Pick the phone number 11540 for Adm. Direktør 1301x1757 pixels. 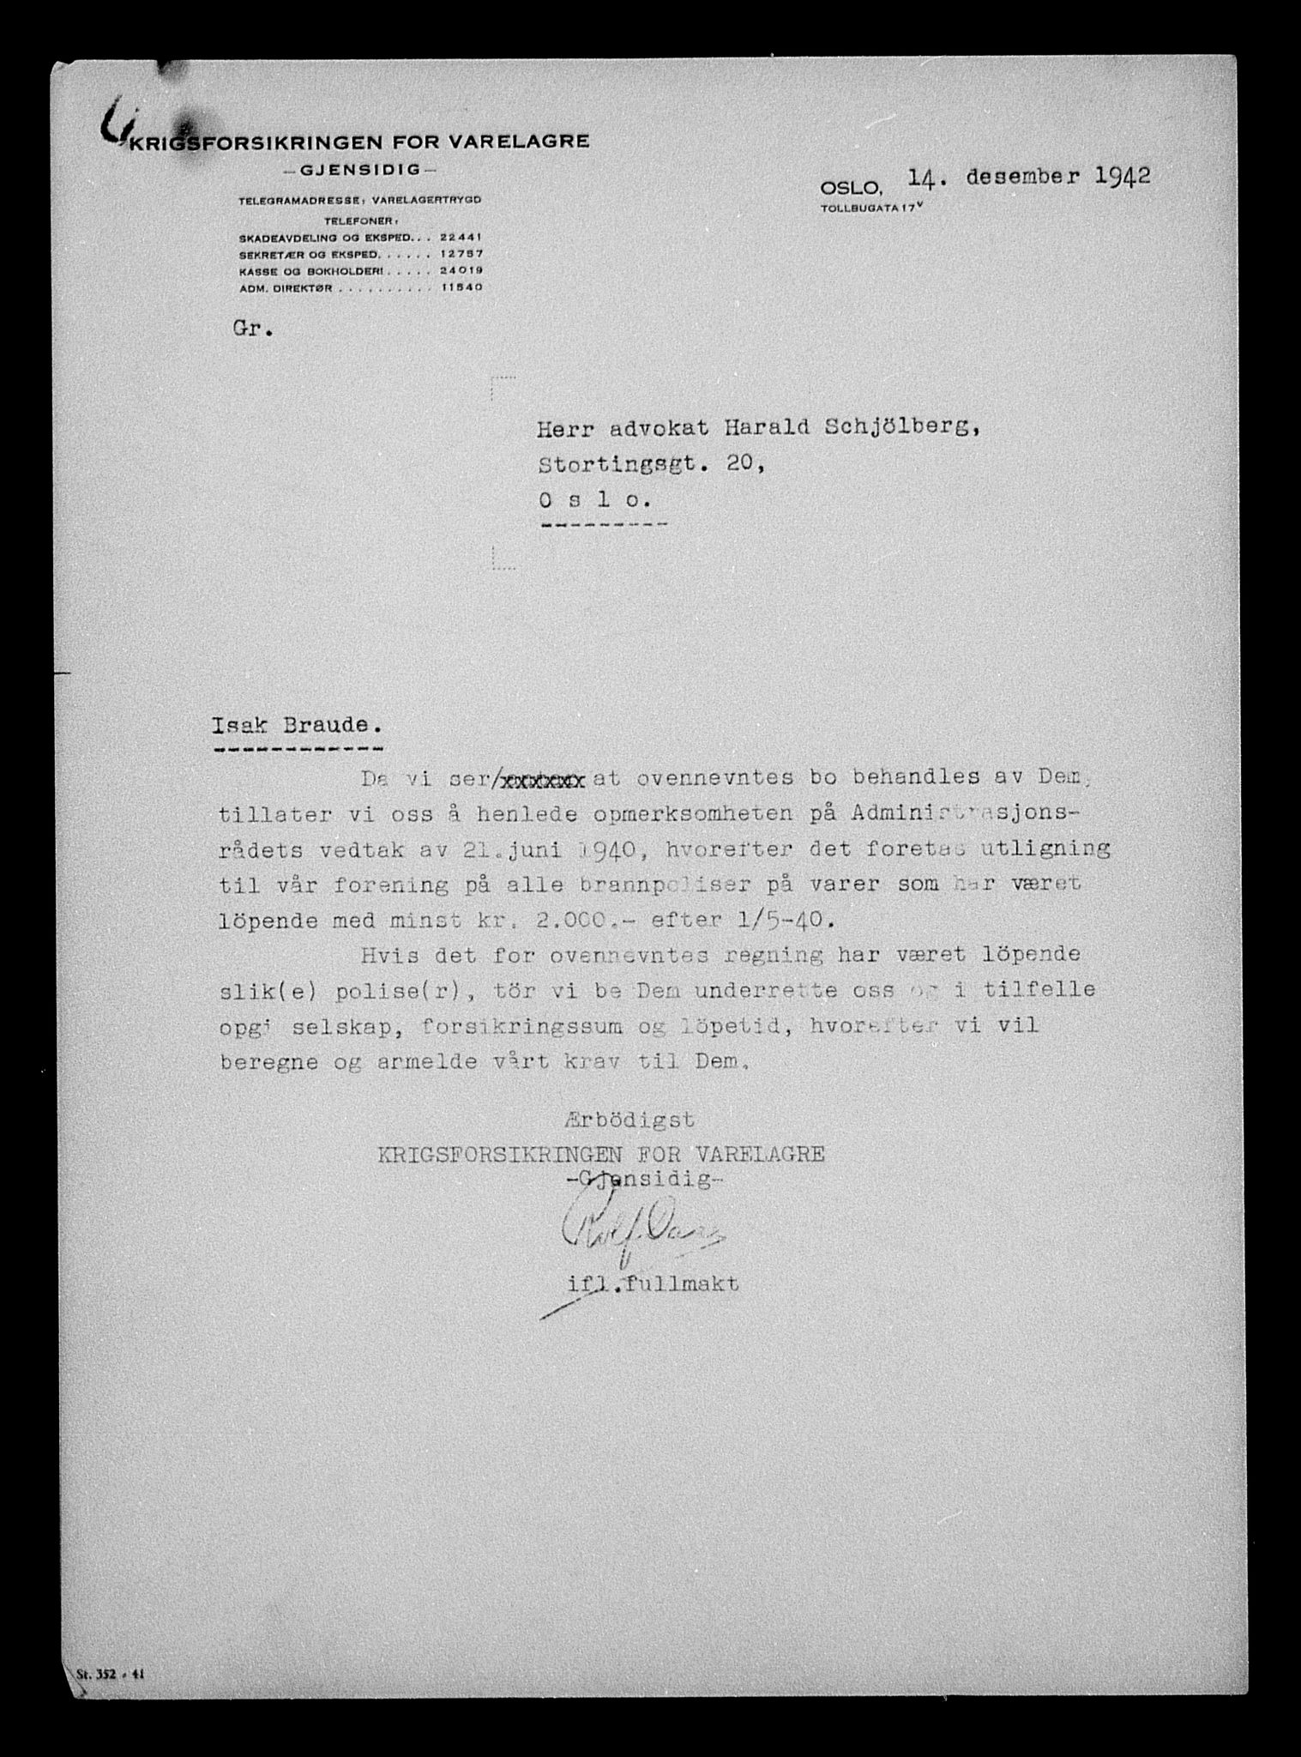(461, 288)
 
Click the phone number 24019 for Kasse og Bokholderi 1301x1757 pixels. (461, 271)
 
